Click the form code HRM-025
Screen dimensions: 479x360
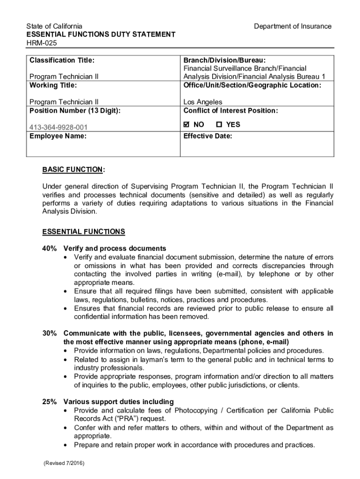point(39,43)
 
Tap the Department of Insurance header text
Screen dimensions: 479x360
point(292,26)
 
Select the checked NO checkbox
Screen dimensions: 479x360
point(187,125)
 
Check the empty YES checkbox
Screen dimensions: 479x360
point(219,125)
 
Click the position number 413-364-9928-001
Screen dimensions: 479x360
point(58,127)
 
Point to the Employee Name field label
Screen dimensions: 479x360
point(58,136)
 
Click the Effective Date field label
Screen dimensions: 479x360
point(208,136)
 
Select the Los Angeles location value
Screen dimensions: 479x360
point(202,102)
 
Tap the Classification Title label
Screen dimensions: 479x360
point(62,60)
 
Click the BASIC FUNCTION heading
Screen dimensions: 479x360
point(73,169)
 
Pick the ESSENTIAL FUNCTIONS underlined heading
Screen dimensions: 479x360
point(84,232)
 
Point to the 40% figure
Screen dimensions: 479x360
point(49,248)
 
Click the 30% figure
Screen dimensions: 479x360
point(49,334)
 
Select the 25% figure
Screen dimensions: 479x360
point(49,402)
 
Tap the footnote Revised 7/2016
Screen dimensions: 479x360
point(65,464)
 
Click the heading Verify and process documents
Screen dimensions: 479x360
point(115,248)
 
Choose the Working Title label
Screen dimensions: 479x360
point(53,85)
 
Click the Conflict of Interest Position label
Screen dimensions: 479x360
point(230,110)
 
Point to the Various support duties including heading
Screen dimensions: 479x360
point(118,402)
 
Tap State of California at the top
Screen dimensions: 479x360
point(54,26)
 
